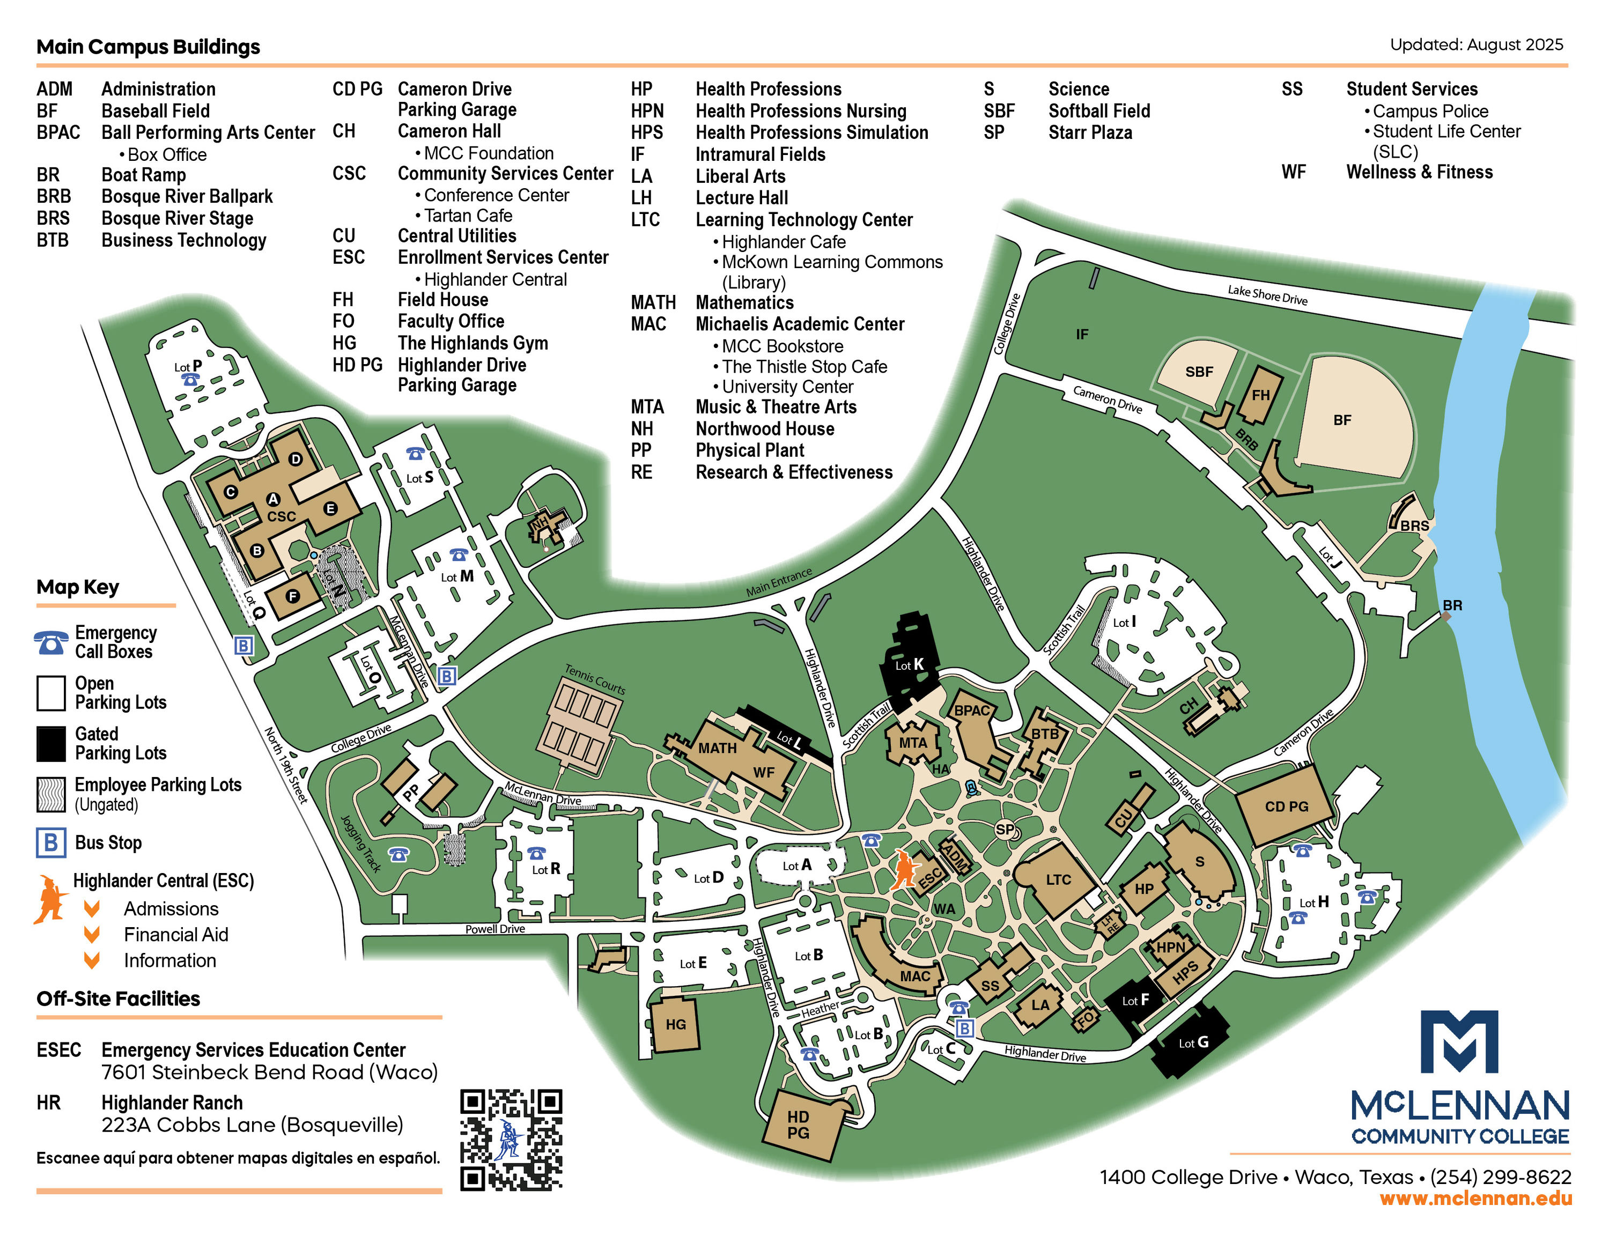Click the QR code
click(511, 1138)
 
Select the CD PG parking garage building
click(1286, 807)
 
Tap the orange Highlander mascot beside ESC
click(905, 869)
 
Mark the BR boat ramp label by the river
click(1452, 605)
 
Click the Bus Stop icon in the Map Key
click(51, 842)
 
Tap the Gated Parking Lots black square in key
click(51, 744)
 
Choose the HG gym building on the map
click(674, 1024)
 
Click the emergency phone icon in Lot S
click(416, 454)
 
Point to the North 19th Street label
click(286, 764)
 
